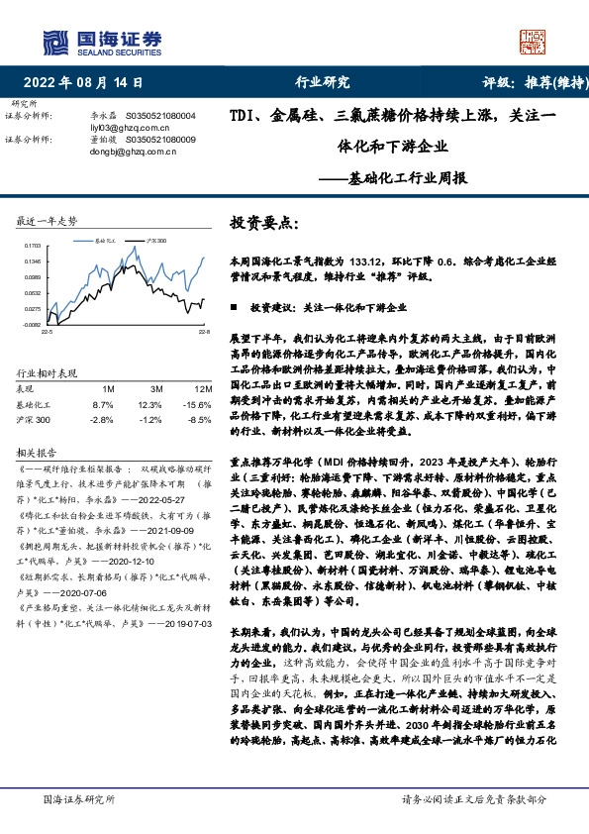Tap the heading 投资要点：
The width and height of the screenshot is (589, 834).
point(262,224)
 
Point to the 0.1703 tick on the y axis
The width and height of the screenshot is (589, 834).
point(32,245)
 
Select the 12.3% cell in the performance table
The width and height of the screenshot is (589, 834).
point(149,405)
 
